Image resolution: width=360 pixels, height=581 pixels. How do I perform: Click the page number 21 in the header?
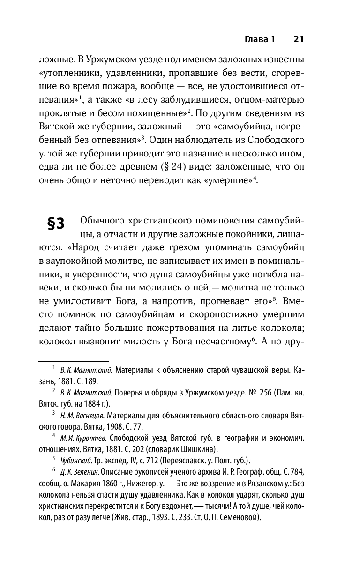(x=299, y=39)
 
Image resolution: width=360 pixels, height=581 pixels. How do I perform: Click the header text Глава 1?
(x=261, y=39)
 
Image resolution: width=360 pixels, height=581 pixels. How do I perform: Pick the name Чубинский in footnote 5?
(x=72, y=460)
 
